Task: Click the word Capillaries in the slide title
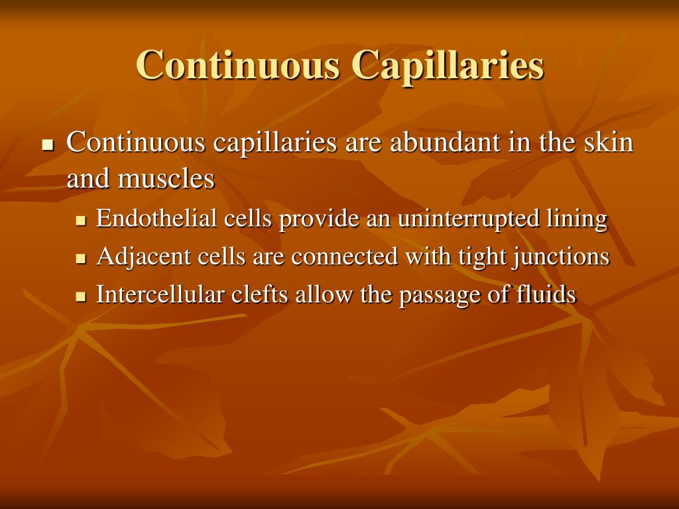448,66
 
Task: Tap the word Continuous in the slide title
239,66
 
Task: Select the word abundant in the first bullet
437,142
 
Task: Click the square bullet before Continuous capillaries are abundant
47,144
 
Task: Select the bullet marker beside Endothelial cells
82,219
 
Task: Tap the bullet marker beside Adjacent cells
82,257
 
